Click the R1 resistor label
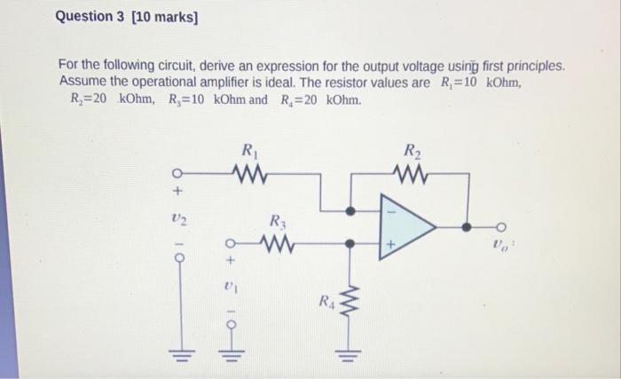pyautogui.click(x=248, y=151)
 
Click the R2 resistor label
pyautogui.click(x=412, y=151)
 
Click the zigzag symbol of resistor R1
pyautogui.click(x=248, y=171)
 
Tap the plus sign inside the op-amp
pyautogui.click(x=388, y=242)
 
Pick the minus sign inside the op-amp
pyautogui.click(x=388, y=211)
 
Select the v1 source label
pyautogui.click(x=229, y=288)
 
